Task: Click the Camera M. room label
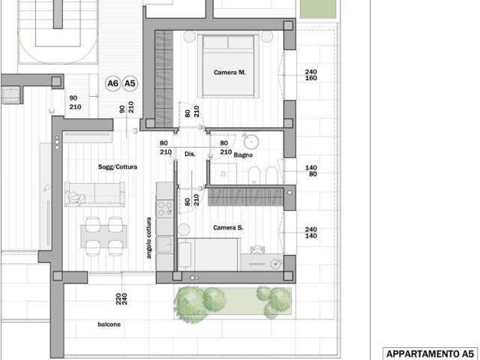pyautogui.click(x=229, y=73)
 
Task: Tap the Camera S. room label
pyautogui.click(x=228, y=228)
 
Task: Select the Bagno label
pyautogui.click(x=243, y=155)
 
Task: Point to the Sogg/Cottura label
pyautogui.click(x=118, y=166)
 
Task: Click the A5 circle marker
pyautogui.click(x=130, y=83)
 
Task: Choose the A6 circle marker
pyautogui.click(x=113, y=83)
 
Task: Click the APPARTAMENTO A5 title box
pyautogui.click(x=430, y=354)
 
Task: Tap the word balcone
pyautogui.click(x=109, y=324)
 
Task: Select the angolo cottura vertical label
pyautogui.click(x=149, y=238)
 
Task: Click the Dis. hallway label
pyautogui.click(x=190, y=154)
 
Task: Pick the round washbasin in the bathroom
pyautogui.click(x=251, y=142)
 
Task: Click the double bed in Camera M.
pyautogui.click(x=228, y=66)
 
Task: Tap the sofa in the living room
pyautogui.click(x=95, y=194)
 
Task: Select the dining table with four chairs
pyautogui.click(x=103, y=236)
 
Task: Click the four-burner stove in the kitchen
pyautogui.click(x=165, y=208)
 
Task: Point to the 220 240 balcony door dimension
pyautogui.click(x=121, y=298)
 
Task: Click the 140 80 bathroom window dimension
pyautogui.click(x=311, y=171)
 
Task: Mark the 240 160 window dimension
pyautogui.click(x=311, y=75)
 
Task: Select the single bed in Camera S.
pyautogui.click(x=208, y=254)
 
